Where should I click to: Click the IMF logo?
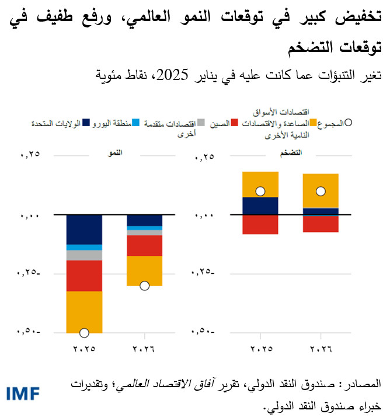(23, 393)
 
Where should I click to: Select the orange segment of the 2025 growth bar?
(84, 311)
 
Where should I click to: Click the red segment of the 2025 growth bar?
(84, 275)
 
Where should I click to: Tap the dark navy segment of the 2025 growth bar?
(84, 229)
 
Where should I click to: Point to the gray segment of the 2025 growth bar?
(84, 255)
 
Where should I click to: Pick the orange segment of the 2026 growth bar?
(144, 270)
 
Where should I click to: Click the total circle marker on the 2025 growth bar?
(84, 333)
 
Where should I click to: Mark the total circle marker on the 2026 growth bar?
(144, 286)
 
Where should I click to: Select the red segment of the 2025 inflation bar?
(260, 224)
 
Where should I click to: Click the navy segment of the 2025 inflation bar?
(260, 206)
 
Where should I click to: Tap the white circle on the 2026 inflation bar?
(320, 191)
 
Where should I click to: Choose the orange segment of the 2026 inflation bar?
(320, 184)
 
